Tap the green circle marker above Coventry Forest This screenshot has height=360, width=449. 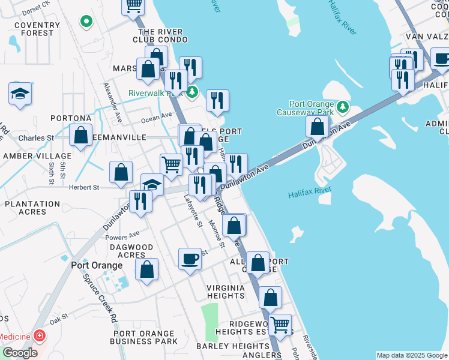[86, 22]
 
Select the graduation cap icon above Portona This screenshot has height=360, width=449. [20, 94]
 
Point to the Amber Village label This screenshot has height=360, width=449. [29, 155]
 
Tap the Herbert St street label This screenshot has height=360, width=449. [84, 187]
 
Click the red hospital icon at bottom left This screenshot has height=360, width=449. [40, 335]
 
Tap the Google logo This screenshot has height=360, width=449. [19, 353]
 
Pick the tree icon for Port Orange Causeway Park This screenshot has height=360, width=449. [342, 107]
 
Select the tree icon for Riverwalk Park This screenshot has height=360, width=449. [191, 92]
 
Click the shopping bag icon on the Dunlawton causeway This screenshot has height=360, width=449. [317, 127]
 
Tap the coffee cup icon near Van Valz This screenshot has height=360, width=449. [442, 59]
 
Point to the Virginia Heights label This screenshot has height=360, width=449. [226, 292]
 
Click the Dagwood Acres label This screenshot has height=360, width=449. [136, 251]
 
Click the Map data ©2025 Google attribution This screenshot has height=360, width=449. [412, 355]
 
